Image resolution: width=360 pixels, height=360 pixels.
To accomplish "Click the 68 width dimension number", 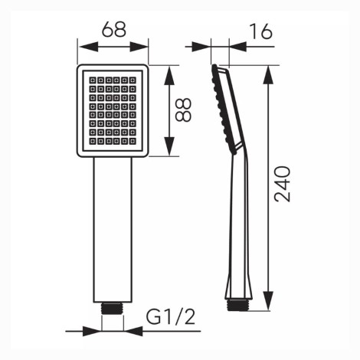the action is (x=114, y=29).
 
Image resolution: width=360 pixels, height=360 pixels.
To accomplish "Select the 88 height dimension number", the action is (x=183, y=110).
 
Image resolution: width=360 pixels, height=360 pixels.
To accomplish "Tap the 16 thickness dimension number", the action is (x=260, y=31).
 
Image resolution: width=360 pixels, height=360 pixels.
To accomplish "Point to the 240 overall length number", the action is (x=282, y=184).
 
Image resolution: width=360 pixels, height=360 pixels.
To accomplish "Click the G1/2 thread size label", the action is (x=170, y=316).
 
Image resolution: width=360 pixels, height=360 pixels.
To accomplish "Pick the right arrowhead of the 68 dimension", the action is (x=139, y=47).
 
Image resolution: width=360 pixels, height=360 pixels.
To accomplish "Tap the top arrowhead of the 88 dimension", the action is (x=169, y=76).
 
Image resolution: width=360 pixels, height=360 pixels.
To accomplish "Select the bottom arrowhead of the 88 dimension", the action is (x=169, y=146).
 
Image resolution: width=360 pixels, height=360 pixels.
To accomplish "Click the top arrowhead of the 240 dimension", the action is (x=268, y=75).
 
